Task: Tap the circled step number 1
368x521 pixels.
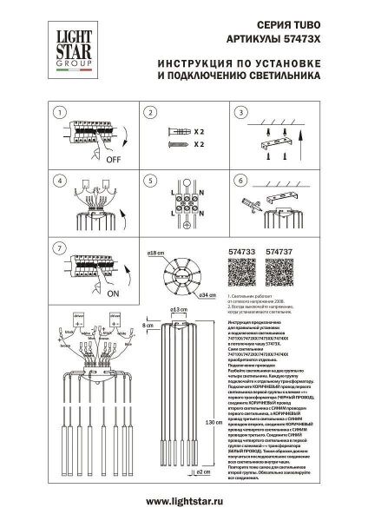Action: tap(60, 114)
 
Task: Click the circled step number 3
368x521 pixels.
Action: tap(240, 114)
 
